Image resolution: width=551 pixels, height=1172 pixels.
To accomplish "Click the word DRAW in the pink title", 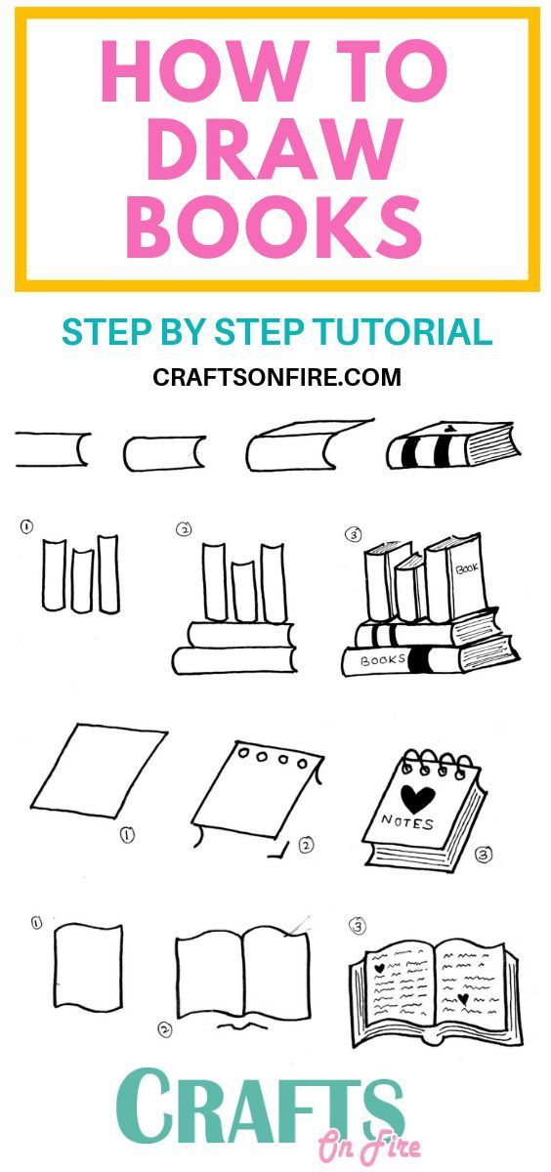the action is pyautogui.click(x=275, y=149).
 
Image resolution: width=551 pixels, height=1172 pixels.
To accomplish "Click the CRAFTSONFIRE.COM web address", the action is pyautogui.click(x=276, y=377).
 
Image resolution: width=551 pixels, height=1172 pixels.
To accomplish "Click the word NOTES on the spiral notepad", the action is pyautogui.click(x=407, y=823).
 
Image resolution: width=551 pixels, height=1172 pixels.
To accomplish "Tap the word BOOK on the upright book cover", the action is pyautogui.click(x=467, y=567).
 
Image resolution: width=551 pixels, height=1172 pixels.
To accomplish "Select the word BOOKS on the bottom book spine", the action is pyautogui.click(x=383, y=660).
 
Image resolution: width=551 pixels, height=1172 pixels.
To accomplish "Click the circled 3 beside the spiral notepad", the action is pyautogui.click(x=484, y=855).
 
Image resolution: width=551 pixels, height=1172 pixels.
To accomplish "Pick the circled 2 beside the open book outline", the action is pyautogui.click(x=165, y=1029).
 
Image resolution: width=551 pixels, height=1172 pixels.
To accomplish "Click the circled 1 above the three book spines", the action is pyautogui.click(x=26, y=526).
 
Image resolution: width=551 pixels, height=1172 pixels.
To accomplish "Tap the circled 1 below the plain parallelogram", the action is pyautogui.click(x=127, y=834).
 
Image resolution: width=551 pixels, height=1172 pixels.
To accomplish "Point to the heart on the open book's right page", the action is pyautogui.click(x=463, y=998).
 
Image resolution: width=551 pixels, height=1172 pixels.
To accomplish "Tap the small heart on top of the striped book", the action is pyautogui.click(x=449, y=429).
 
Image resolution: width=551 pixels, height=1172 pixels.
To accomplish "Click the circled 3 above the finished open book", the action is pyautogui.click(x=358, y=927).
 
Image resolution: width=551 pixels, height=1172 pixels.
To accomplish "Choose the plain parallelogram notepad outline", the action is pyautogui.click(x=100, y=771).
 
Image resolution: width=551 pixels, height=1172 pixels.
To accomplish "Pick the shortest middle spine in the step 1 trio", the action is pyautogui.click(x=83, y=581).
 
